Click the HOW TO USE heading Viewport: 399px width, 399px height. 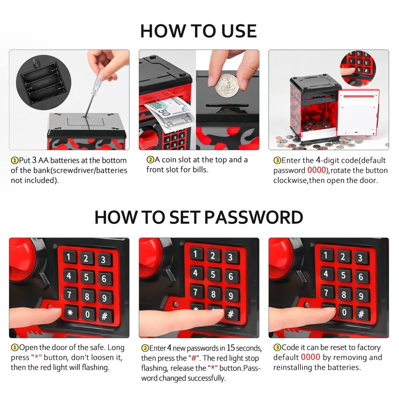(198, 31)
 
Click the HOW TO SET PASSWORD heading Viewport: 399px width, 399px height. (199, 217)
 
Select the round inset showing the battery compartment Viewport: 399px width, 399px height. (44, 82)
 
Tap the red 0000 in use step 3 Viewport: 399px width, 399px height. (317, 170)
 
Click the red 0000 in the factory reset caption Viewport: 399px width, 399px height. (310, 357)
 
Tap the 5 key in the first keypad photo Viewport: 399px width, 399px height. (86, 277)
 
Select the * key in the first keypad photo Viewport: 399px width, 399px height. (70, 313)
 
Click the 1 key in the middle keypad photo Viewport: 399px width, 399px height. (196, 254)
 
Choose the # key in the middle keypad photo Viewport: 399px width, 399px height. (231, 314)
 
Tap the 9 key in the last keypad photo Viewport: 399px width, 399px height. (361, 296)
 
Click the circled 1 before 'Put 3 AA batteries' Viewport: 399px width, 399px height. (15, 161)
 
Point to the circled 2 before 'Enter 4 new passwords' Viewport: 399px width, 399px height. (145, 348)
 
